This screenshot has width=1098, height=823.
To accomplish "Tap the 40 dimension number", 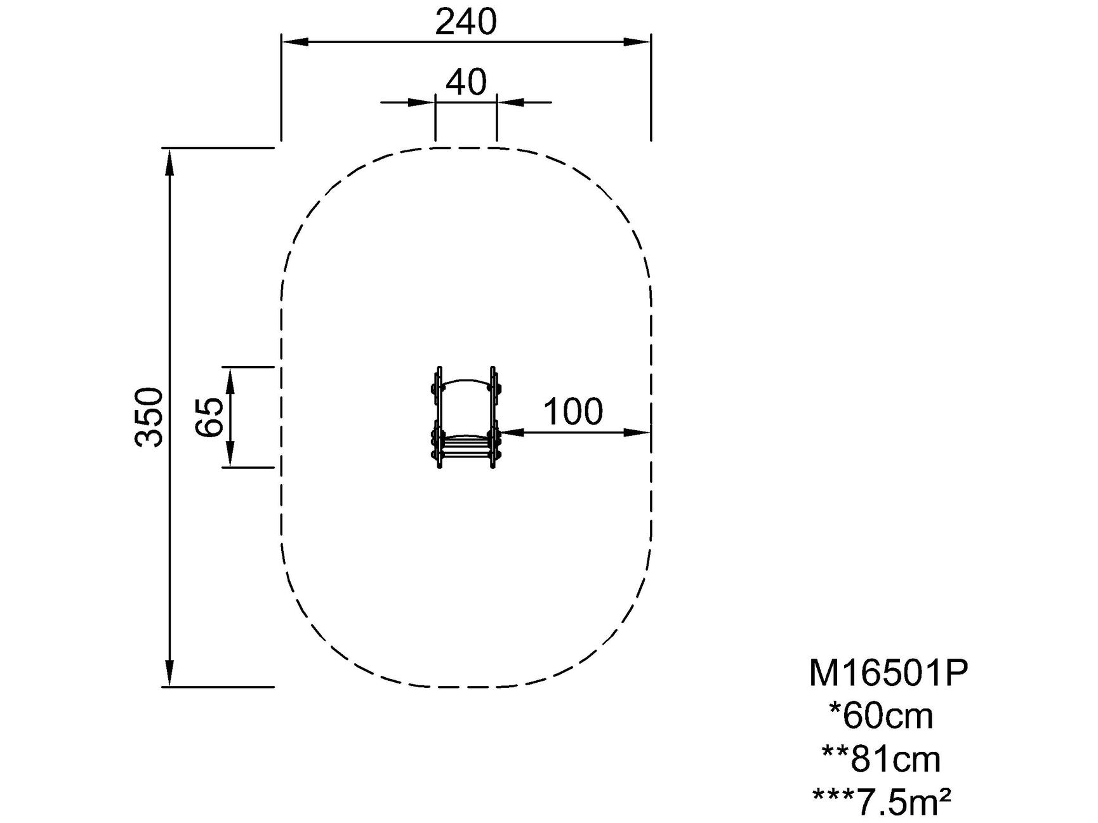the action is (466, 82).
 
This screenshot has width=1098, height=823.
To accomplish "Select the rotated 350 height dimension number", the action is (150, 417).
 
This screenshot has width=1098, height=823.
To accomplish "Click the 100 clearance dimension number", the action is (573, 412).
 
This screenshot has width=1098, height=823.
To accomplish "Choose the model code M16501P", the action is (889, 673).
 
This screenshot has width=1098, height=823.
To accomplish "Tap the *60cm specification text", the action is (882, 716).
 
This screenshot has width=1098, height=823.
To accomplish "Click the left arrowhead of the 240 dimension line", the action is (294, 42).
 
